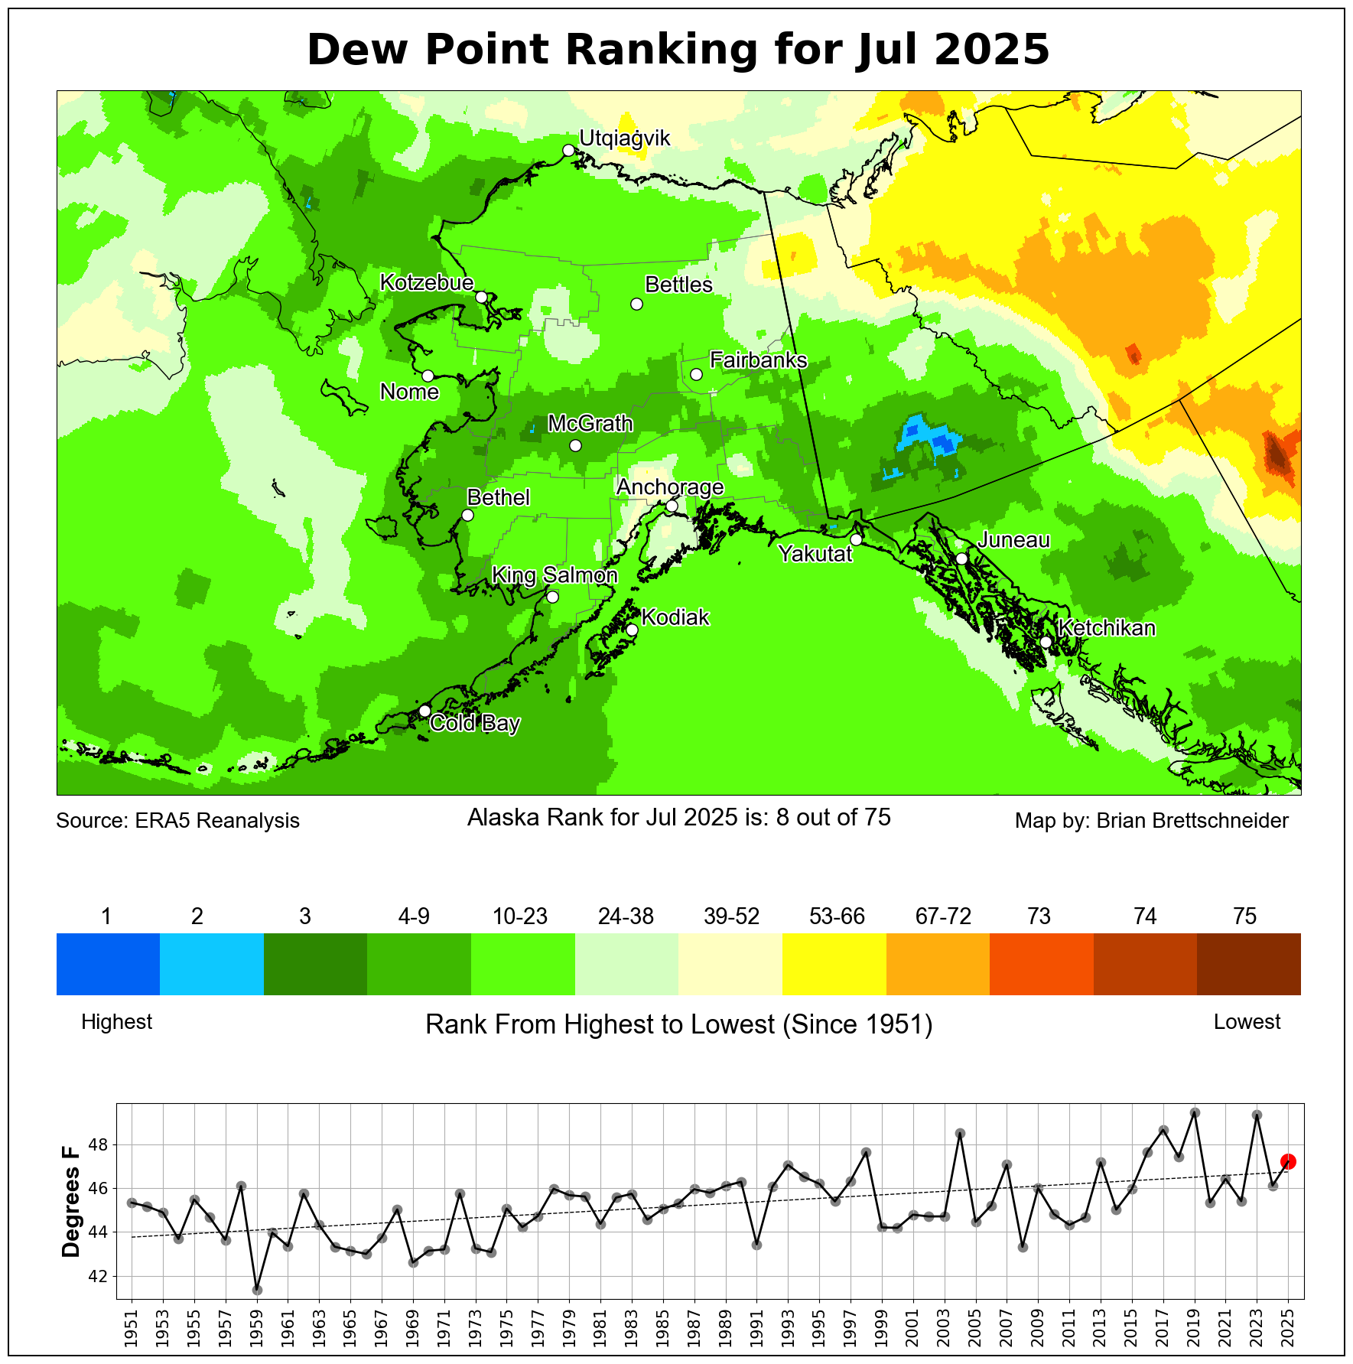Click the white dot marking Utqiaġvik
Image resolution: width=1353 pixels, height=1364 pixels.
pyautogui.click(x=568, y=150)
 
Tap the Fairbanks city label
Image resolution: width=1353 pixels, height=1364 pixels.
pyautogui.click(x=758, y=360)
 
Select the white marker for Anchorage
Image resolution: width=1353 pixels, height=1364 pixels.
pyautogui.click(x=672, y=506)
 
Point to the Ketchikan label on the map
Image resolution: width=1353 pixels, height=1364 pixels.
pyautogui.click(x=1107, y=628)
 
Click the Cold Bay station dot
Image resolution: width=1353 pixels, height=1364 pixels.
pyautogui.click(x=425, y=711)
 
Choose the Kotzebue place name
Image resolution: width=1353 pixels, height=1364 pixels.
pyautogui.click(x=427, y=282)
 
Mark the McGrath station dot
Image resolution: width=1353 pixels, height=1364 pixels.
pyautogui.click(x=576, y=445)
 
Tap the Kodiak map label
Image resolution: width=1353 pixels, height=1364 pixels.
pyautogui.click(x=675, y=617)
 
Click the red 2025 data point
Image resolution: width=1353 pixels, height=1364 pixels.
pyautogui.click(x=1288, y=1161)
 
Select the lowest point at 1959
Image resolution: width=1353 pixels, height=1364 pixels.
pyautogui.click(x=257, y=1291)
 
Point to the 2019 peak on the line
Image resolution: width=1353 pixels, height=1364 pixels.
pyautogui.click(x=1195, y=1112)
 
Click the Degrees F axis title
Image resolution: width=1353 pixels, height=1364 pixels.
pyautogui.click(x=71, y=1201)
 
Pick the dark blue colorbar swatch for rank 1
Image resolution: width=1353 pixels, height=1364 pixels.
pyautogui.click(x=108, y=964)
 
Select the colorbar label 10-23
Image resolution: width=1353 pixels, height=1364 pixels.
pyautogui.click(x=520, y=916)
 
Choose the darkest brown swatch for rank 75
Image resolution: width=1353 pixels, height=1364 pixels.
pyautogui.click(x=1248, y=964)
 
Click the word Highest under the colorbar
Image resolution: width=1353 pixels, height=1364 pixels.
pyautogui.click(x=117, y=1022)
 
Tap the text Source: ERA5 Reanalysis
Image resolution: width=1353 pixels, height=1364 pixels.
pyautogui.click(x=177, y=821)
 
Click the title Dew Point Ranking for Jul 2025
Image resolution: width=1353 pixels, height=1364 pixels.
pyautogui.click(x=678, y=50)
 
